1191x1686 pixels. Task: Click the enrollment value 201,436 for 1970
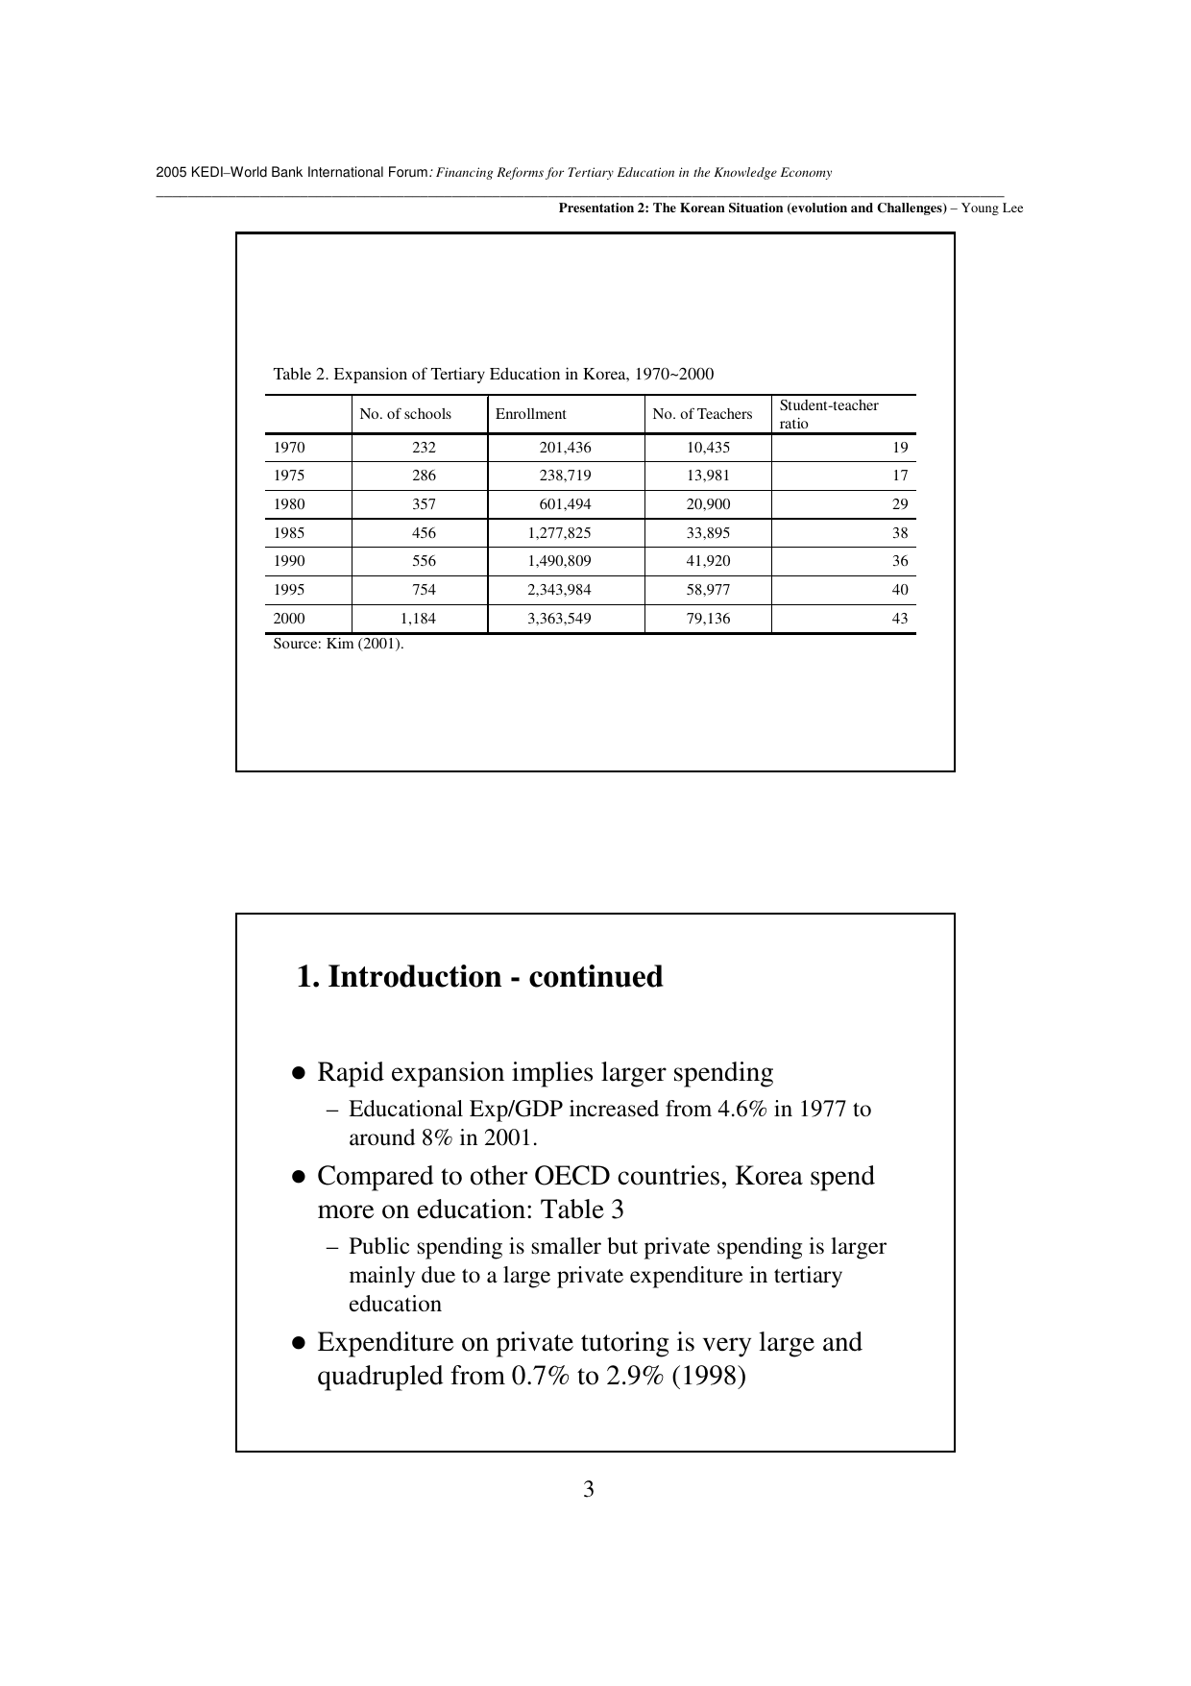pyautogui.click(x=565, y=447)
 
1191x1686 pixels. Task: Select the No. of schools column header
pyautogui.click(x=404, y=414)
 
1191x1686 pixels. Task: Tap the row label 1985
pyautogui.click(x=289, y=533)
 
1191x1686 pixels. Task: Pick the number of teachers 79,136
pyautogui.click(x=708, y=619)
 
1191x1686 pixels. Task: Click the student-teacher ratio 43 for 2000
pyautogui.click(x=899, y=619)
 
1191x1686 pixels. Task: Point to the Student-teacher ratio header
pyautogui.click(x=828, y=414)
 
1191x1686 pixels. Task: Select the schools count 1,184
pyautogui.click(x=418, y=619)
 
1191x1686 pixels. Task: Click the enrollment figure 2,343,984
pyautogui.click(x=559, y=590)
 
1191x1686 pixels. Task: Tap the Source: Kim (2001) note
pyautogui.click(x=338, y=644)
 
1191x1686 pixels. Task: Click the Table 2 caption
pyautogui.click(x=493, y=374)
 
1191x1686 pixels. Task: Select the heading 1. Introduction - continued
pyautogui.click(x=479, y=976)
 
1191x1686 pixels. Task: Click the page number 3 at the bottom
pyautogui.click(x=589, y=1489)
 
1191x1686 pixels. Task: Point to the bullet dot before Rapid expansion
pyautogui.click(x=299, y=1073)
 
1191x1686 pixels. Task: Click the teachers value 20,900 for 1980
pyautogui.click(x=708, y=504)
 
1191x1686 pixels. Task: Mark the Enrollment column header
pyautogui.click(x=530, y=414)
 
